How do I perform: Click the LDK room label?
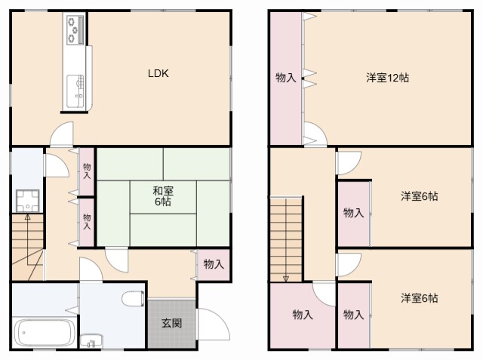coord(158,74)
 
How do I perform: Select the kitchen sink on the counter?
coord(75,89)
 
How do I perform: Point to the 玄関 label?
coord(171,323)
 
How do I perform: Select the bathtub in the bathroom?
coord(45,333)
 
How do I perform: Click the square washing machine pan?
coord(29,198)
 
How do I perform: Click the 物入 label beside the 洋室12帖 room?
coord(286,77)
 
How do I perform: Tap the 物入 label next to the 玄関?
coord(214,264)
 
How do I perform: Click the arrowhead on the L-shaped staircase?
coord(28,217)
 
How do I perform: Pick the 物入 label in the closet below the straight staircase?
coord(303,315)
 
